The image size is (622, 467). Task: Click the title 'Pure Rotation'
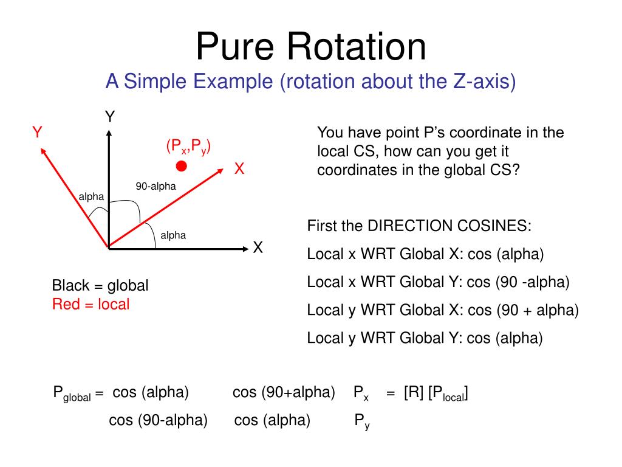click(311, 47)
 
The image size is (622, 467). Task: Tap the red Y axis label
click(37, 133)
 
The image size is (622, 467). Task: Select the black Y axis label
click(110, 117)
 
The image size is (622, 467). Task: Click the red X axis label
click(239, 170)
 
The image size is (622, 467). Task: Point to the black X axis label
click(258, 247)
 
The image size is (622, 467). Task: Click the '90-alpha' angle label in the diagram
click(155, 187)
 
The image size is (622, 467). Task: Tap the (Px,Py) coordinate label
click(188, 147)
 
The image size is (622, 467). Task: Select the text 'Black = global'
click(100, 285)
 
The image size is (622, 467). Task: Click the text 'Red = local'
click(91, 305)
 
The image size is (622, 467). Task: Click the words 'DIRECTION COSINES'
click(449, 227)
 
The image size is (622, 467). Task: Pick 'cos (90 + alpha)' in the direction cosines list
click(523, 310)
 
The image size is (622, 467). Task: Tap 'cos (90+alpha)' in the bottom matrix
click(284, 393)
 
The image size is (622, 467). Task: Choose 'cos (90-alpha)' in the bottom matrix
click(158, 420)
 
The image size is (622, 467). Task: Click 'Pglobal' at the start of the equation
click(71, 394)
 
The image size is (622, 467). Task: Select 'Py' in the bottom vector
click(362, 421)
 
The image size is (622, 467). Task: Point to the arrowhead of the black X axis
click(245, 247)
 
